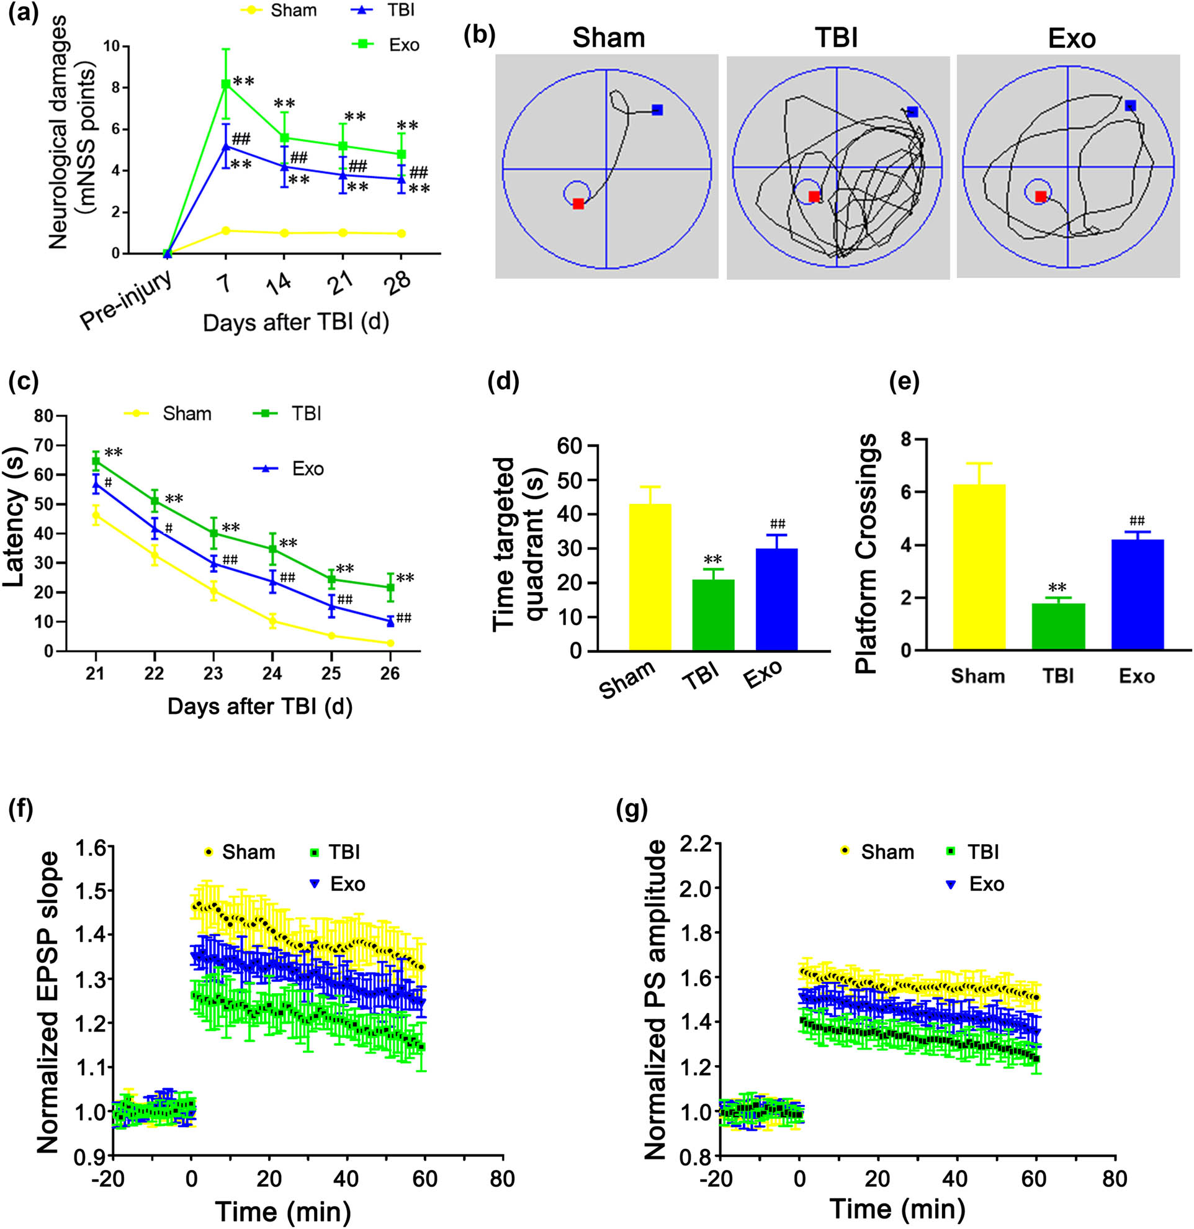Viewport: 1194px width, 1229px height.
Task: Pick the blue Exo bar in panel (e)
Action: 1137,593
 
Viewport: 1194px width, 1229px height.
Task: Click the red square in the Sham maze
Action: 578,204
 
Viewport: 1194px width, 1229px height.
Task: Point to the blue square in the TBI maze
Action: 912,112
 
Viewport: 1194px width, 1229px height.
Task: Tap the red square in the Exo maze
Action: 1041,197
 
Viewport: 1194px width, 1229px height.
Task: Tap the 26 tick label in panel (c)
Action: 390,673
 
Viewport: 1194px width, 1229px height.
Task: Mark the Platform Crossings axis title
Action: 867,554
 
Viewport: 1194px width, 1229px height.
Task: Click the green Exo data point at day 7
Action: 225,83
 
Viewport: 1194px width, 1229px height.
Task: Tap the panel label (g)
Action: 631,810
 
